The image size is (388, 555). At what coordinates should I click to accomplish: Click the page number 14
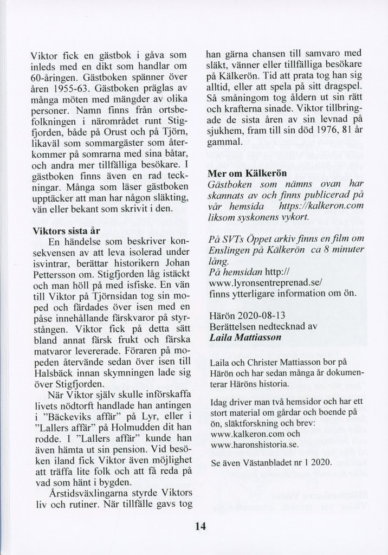pos(200,525)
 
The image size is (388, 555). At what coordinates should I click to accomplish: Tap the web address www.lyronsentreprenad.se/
pos(264,282)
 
